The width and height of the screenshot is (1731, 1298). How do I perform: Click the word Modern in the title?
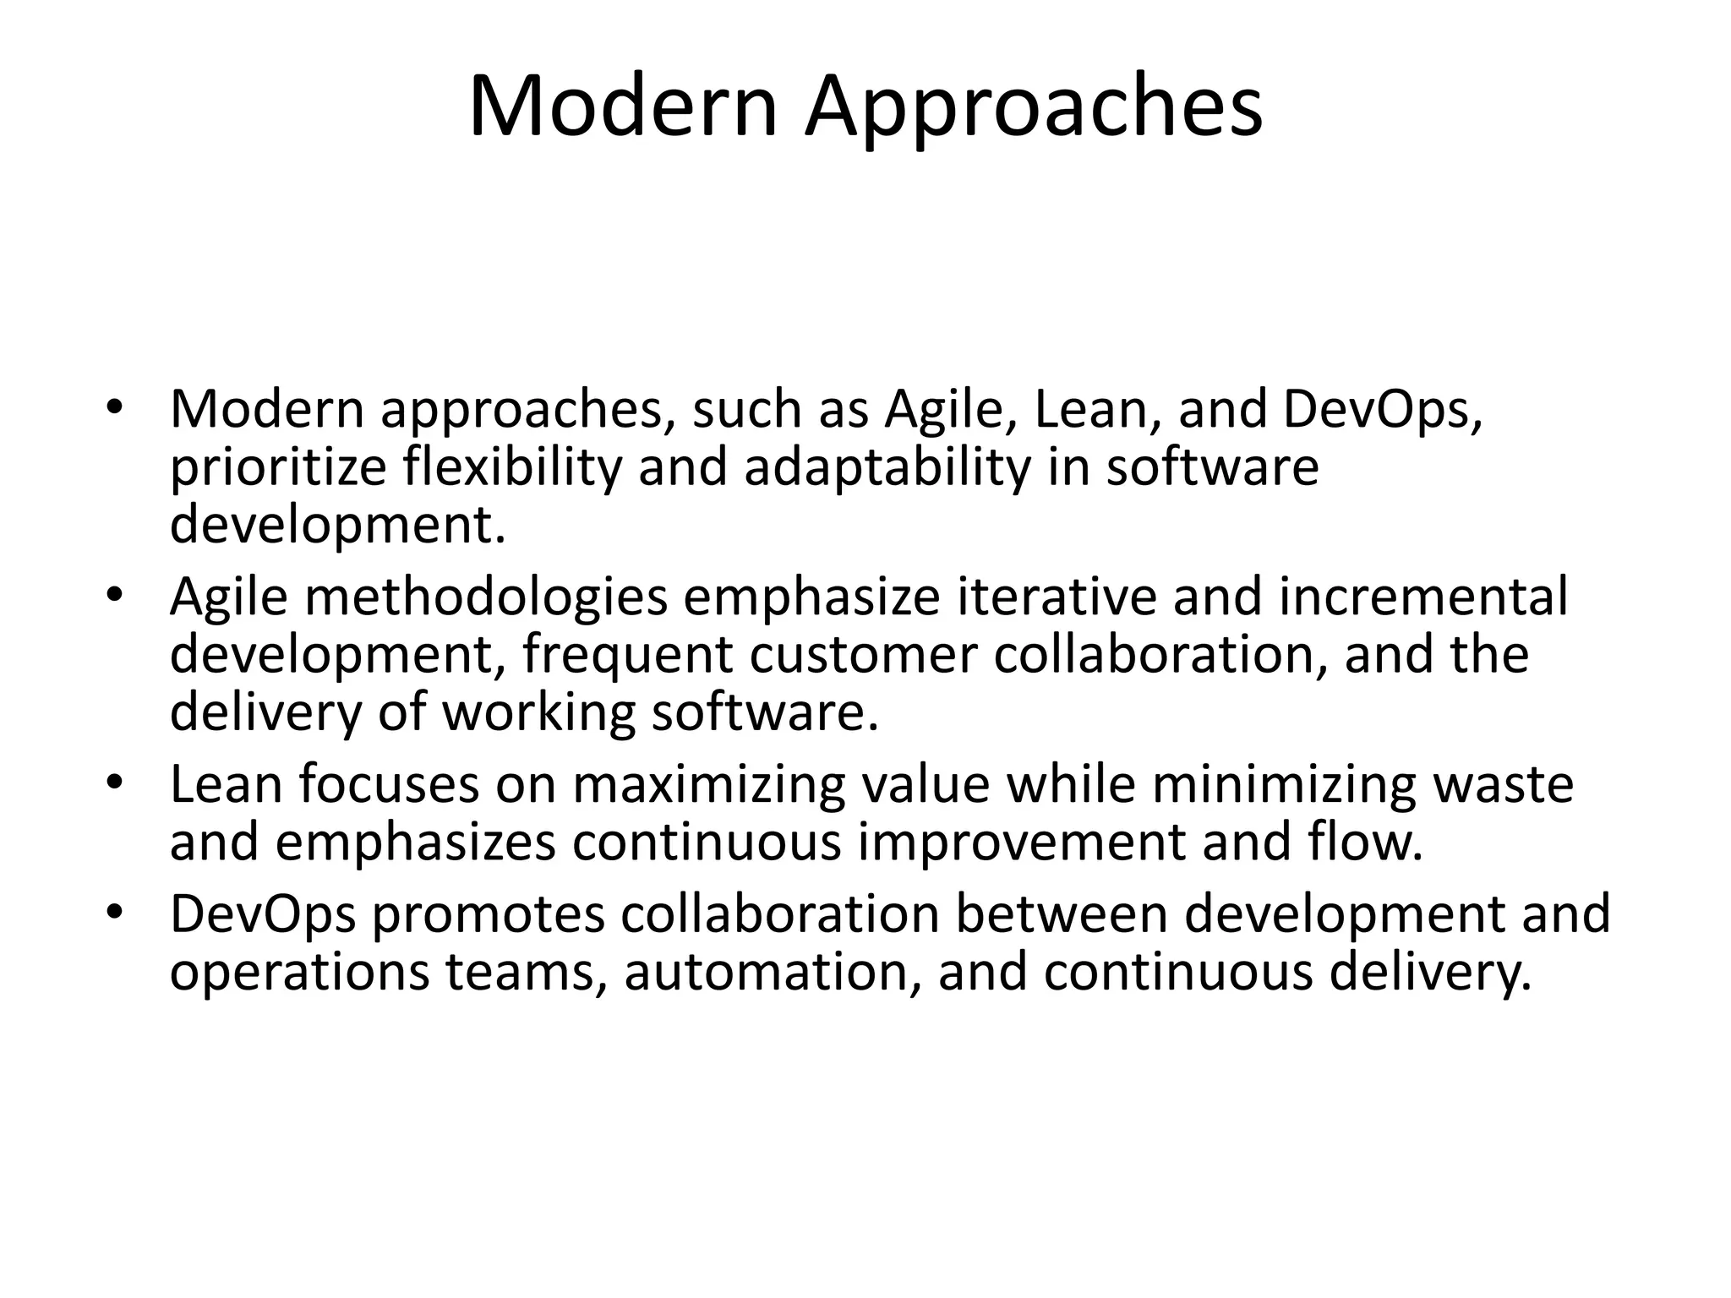[622, 107]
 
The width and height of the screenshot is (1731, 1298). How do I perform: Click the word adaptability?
[887, 467]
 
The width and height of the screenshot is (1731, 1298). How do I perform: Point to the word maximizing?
[708, 785]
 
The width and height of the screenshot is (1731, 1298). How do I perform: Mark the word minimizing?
[1283, 785]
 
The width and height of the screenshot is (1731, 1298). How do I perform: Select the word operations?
[299, 973]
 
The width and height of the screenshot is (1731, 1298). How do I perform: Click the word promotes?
[489, 915]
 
